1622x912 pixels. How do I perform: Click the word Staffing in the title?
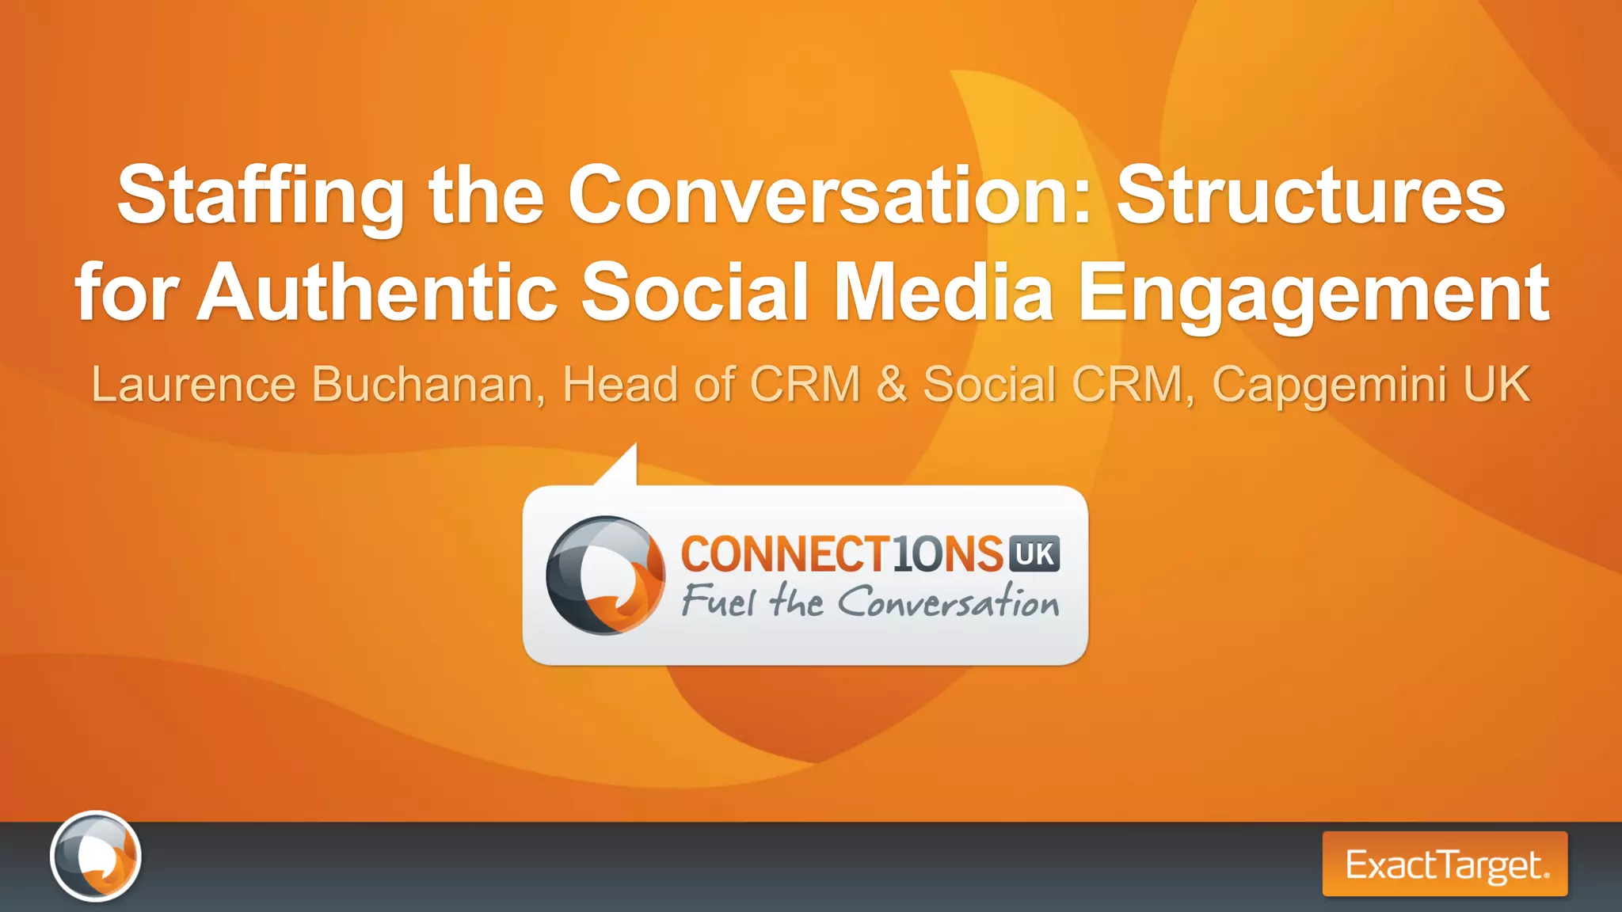click(x=261, y=196)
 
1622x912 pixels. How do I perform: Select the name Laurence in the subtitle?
click(x=193, y=385)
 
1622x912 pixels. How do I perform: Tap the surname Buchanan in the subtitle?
click(x=428, y=385)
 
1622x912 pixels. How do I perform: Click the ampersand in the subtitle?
click(x=892, y=385)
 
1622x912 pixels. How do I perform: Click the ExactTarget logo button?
click(x=1445, y=864)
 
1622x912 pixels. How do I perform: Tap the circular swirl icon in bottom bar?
click(x=96, y=856)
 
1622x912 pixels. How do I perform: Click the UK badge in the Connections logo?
click(x=1034, y=553)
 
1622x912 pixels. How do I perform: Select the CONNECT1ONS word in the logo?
click(x=842, y=553)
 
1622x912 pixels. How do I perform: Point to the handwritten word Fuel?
click(x=718, y=601)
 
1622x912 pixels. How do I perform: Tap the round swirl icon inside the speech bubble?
click(x=606, y=576)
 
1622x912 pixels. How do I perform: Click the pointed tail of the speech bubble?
click(x=622, y=465)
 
